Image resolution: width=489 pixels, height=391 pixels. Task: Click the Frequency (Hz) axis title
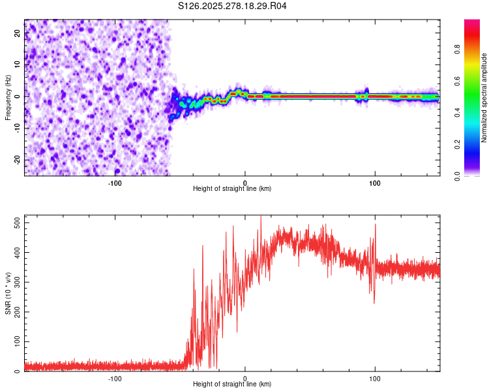[8, 97]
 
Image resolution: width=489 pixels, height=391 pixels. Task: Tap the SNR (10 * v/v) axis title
[8, 293]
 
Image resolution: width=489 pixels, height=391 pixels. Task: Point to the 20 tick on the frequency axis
[18, 34]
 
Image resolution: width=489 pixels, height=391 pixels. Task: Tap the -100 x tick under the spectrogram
[115, 183]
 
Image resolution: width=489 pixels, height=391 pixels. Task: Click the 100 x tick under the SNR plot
[375, 379]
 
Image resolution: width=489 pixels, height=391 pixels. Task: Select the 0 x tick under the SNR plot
[245, 379]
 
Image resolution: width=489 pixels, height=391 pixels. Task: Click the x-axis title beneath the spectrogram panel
[232, 189]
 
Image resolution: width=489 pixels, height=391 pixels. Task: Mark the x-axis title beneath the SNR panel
[232, 384]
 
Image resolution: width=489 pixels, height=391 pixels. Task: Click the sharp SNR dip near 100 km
[374, 301]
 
